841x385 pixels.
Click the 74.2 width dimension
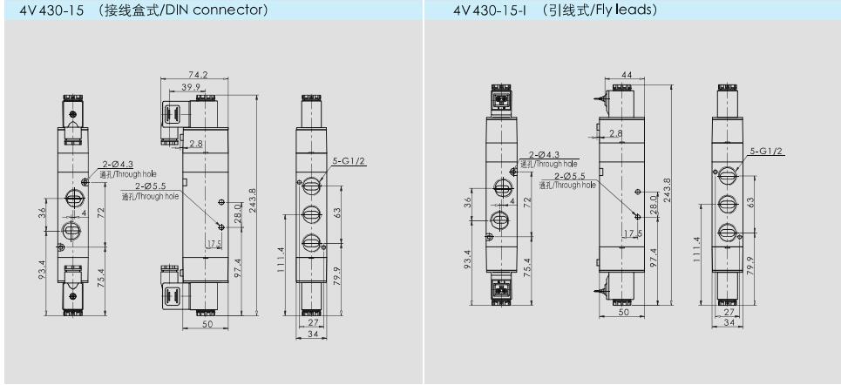point(194,75)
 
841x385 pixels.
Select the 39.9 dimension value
point(190,87)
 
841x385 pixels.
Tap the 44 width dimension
point(625,75)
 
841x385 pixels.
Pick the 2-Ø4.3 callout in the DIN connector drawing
point(118,165)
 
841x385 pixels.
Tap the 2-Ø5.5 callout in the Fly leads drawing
point(570,175)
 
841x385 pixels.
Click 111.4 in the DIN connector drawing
point(281,259)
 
